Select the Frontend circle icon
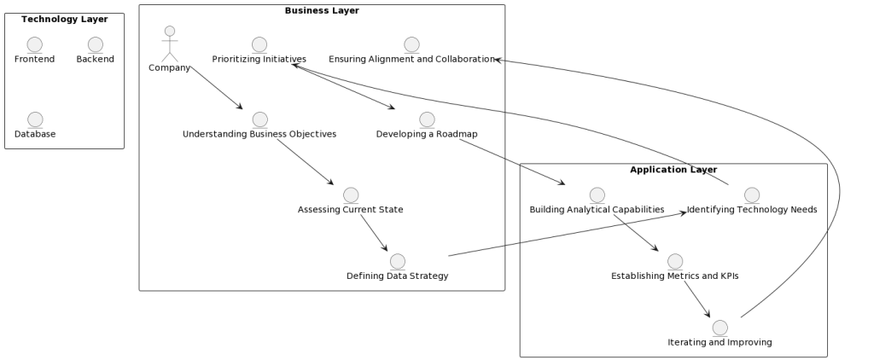click(34, 44)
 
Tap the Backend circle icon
click(95, 44)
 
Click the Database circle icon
click(35, 119)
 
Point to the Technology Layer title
click(64, 19)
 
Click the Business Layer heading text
click(322, 10)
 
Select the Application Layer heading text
click(673, 170)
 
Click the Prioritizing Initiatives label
click(259, 59)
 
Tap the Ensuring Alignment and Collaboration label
click(411, 59)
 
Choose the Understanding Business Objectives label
click(259, 134)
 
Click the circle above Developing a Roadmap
click(427, 119)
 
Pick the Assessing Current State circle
click(351, 195)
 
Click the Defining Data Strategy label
click(397, 276)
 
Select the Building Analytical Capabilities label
click(597, 209)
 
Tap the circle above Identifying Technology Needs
click(752, 195)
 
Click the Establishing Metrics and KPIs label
click(674, 276)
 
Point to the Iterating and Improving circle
click(720, 328)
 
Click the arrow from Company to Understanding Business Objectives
click(217, 88)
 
